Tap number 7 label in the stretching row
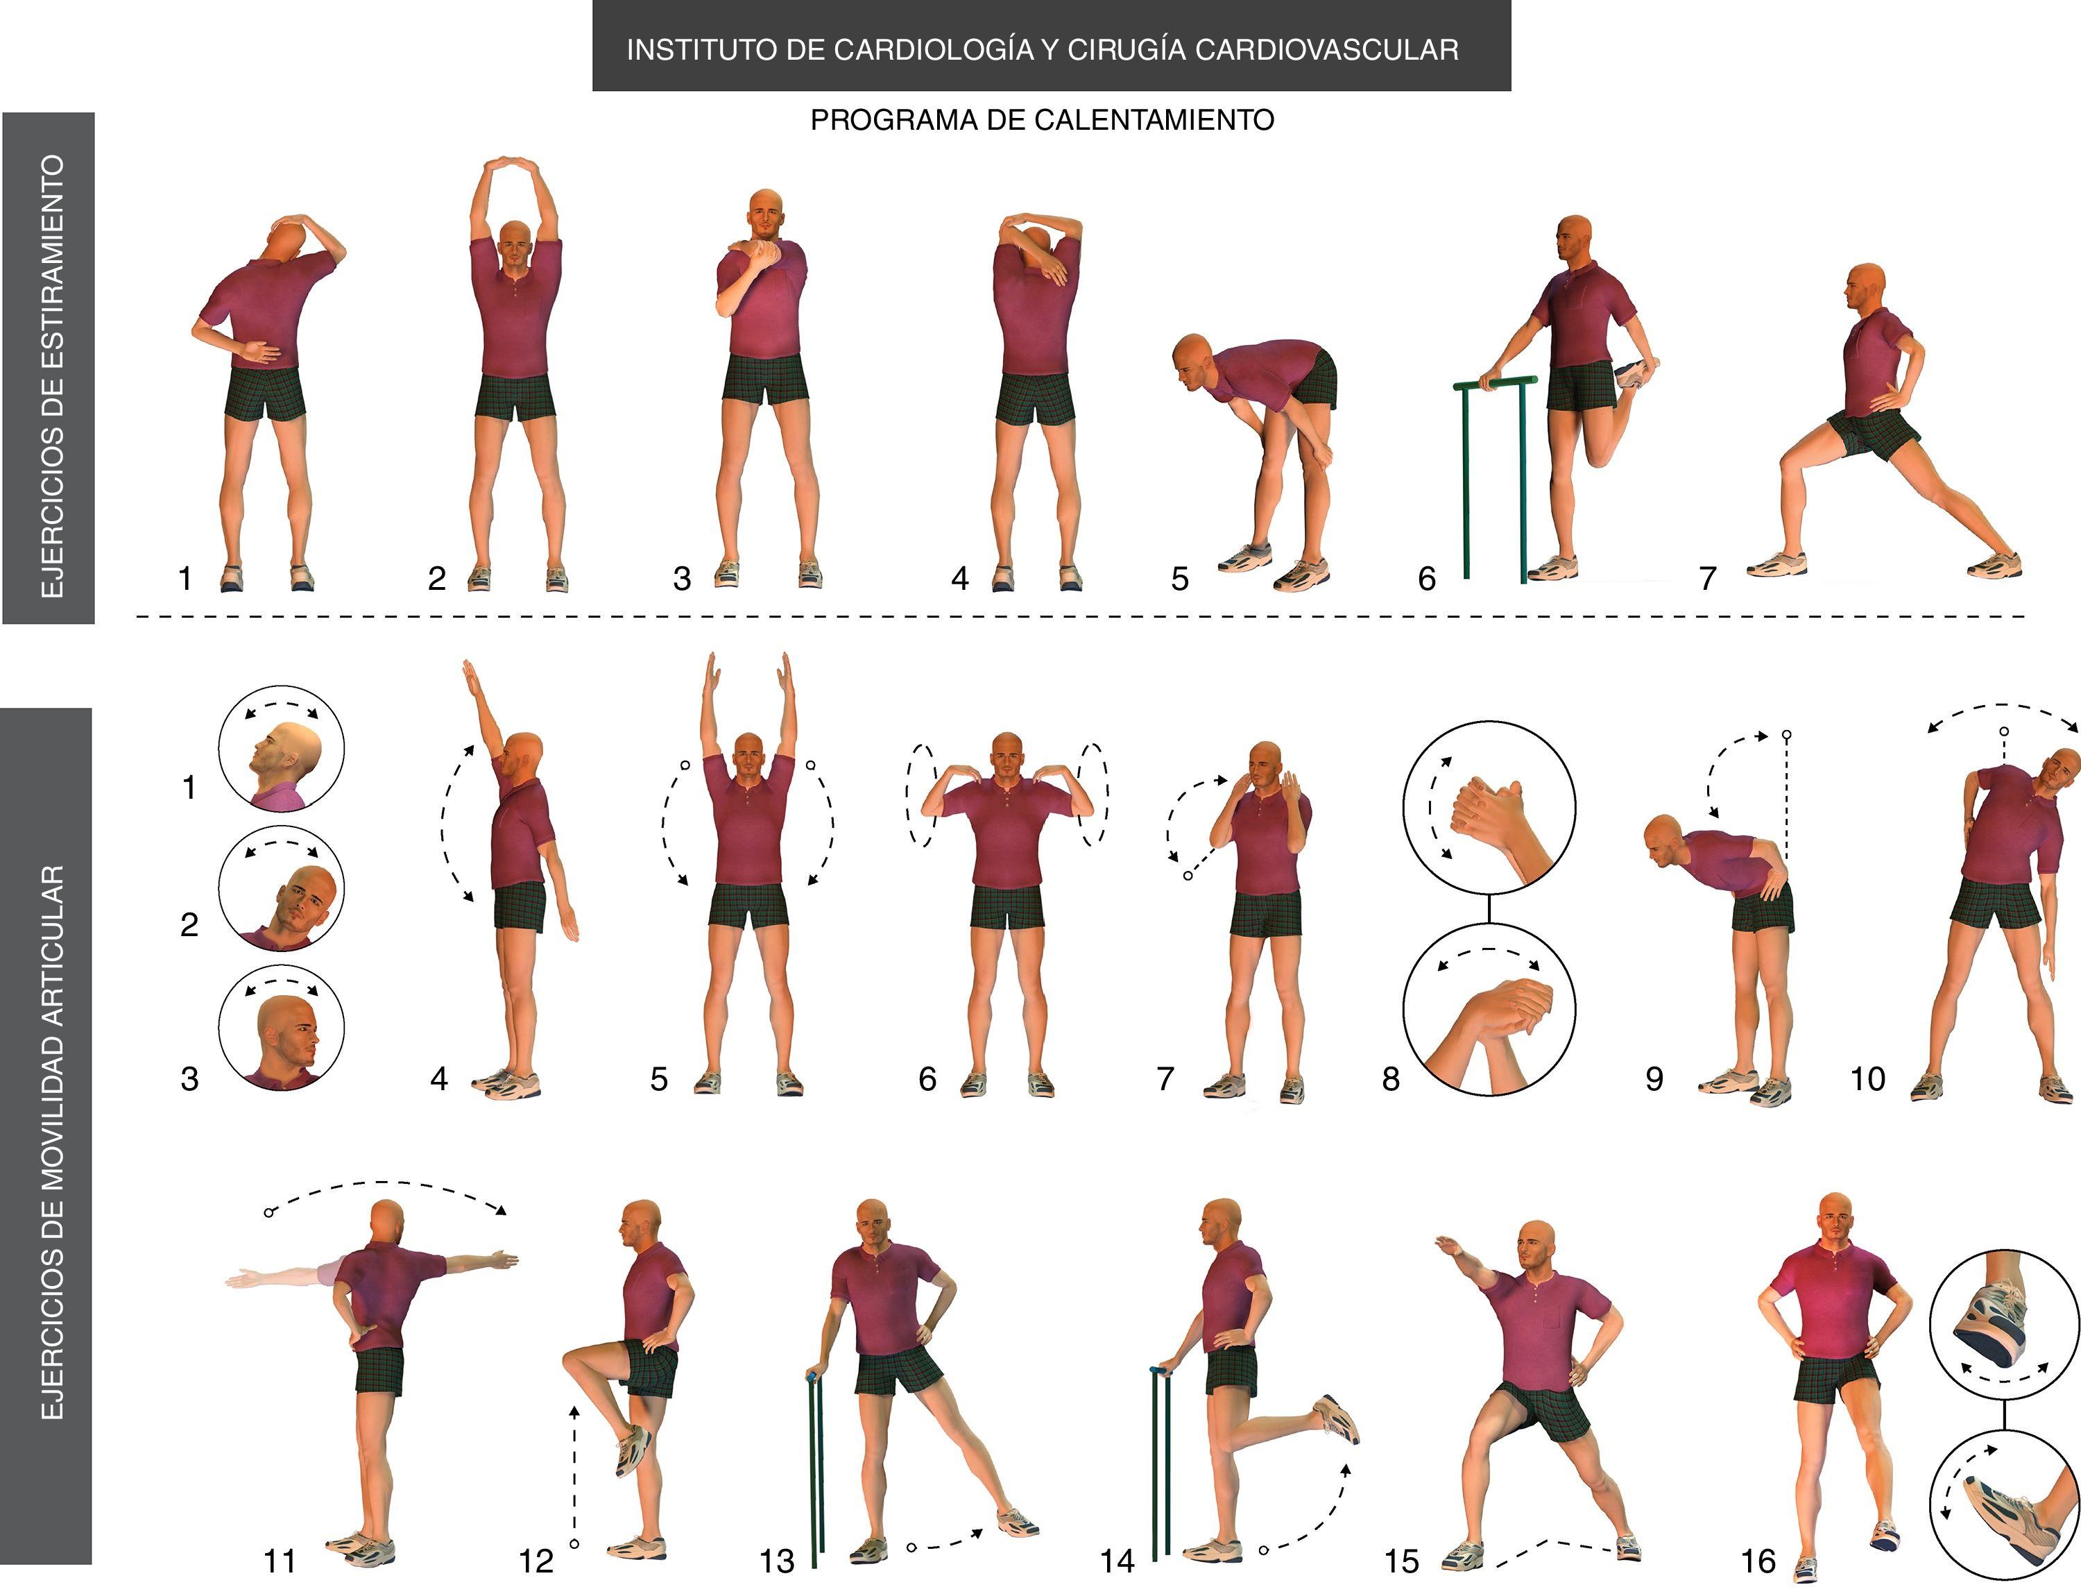[x=1707, y=578]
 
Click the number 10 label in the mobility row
[x=1867, y=1079]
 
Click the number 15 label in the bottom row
[x=1402, y=1561]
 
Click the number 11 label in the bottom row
[x=279, y=1561]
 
